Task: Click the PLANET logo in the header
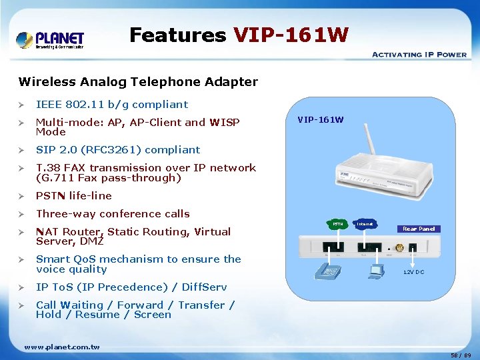[50, 39]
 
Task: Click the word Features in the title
[177, 35]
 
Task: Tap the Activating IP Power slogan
[419, 55]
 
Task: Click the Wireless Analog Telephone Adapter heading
[138, 82]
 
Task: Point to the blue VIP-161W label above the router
[321, 120]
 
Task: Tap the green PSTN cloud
[338, 225]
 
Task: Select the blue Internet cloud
[365, 225]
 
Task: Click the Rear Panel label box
[419, 229]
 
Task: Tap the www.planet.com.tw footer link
[61, 347]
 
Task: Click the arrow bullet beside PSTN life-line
[22, 196]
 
